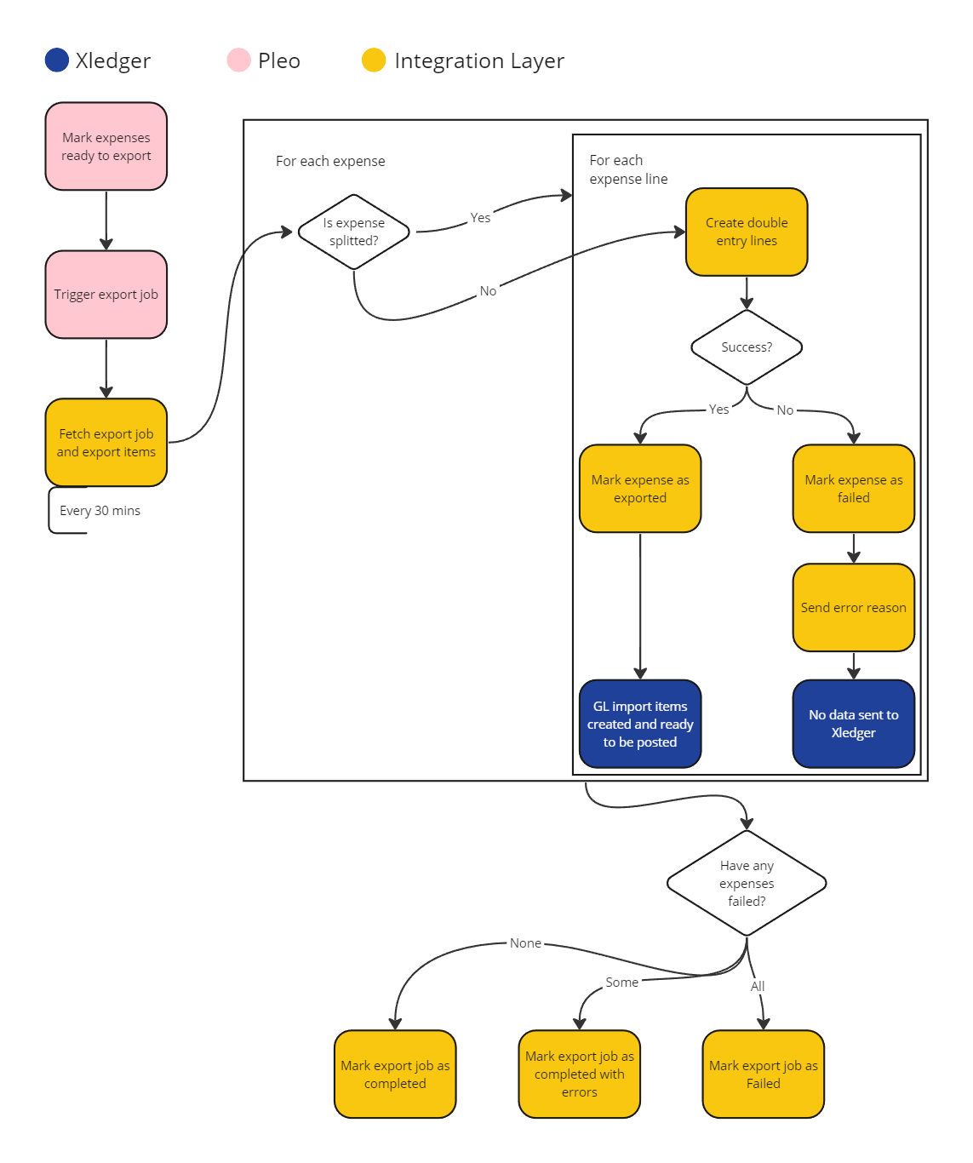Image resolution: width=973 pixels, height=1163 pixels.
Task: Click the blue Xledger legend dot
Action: click(56, 60)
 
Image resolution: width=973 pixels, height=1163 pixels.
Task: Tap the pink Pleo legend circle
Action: click(239, 60)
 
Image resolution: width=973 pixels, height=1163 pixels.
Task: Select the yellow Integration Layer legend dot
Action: click(374, 60)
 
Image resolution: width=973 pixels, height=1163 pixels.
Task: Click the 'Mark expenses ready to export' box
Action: click(106, 146)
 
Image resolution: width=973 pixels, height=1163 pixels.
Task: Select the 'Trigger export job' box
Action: click(106, 295)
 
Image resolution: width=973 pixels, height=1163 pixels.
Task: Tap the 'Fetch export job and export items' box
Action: click(106, 443)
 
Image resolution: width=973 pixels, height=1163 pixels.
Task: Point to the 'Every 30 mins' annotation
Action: click(100, 511)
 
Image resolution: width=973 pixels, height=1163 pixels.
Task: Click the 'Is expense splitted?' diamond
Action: click(354, 232)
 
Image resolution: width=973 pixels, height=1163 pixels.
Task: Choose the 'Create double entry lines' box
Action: click(747, 232)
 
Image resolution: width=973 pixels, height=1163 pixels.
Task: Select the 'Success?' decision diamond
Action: click(747, 347)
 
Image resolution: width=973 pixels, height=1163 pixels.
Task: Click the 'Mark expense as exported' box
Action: click(640, 489)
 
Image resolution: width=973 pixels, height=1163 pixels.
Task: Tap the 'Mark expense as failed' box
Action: click(853, 489)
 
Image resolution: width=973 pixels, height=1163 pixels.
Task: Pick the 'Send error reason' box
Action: click(853, 608)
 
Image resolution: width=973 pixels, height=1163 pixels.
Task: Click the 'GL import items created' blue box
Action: click(640, 724)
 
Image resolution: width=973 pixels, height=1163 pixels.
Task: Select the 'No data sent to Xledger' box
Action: click(853, 724)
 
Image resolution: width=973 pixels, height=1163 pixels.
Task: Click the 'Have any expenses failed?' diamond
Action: click(747, 883)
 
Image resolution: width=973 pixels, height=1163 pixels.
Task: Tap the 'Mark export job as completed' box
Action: click(395, 1074)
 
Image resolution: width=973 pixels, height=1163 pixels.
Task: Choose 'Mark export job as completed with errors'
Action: click(579, 1074)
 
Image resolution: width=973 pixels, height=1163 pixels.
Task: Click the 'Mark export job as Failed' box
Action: click(763, 1074)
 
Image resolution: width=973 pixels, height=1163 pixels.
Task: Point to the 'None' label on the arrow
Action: click(525, 943)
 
